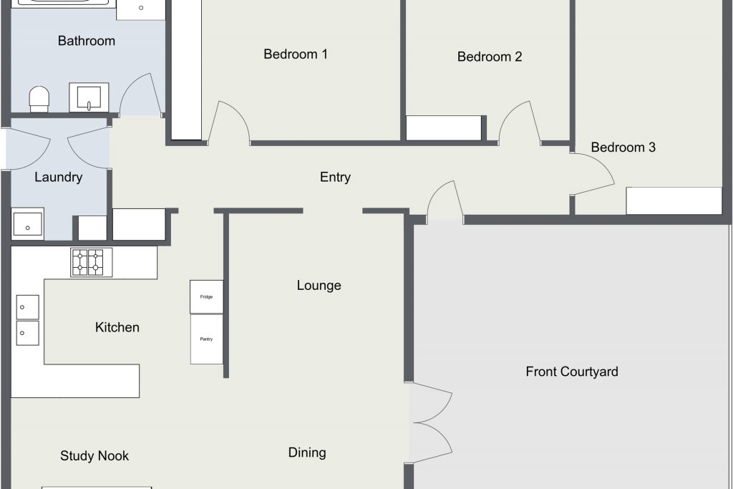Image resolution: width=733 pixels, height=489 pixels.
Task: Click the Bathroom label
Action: pyautogui.click(x=87, y=41)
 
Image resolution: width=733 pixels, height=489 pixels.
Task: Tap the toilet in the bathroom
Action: pyautogui.click(x=39, y=99)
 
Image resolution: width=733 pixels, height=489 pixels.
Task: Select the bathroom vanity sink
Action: pyautogui.click(x=89, y=97)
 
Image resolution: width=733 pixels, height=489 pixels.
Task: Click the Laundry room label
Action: pyautogui.click(x=59, y=177)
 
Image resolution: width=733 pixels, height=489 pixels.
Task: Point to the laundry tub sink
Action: pyautogui.click(x=28, y=224)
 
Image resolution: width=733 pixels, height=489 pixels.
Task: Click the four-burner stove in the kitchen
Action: pyautogui.click(x=92, y=262)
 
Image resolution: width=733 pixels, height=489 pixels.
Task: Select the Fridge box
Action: pyautogui.click(x=206, y=297)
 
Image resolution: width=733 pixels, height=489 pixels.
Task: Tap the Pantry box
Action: pyautogui.click(x=206, y=339)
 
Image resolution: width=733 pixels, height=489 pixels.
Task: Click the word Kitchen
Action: pyautogui.click(x=117, y=327)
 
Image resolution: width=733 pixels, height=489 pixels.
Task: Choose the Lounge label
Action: pyautogui.click(x=319, y=286)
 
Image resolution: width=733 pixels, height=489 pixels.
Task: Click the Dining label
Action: pyautogui.click(x=307, y=452)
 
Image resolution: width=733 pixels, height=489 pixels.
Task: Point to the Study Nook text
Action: pyautogui.click(x=94, y=456)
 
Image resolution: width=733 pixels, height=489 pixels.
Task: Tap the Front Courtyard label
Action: pyautogui.click(x=572, y=372)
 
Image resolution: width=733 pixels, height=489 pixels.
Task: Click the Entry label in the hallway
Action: pyautogui.click(x=335, y=177)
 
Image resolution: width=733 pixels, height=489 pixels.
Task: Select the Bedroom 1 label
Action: pyautogui.click(x=296, y=54)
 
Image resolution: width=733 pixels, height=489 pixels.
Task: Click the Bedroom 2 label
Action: pyautogui.click(x=490, y=57)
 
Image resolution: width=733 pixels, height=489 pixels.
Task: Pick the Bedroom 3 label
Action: pyautogui.click(x=623, y=147)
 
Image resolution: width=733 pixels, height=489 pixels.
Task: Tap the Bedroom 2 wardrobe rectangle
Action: pyautogui.click(x=443, y=128)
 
